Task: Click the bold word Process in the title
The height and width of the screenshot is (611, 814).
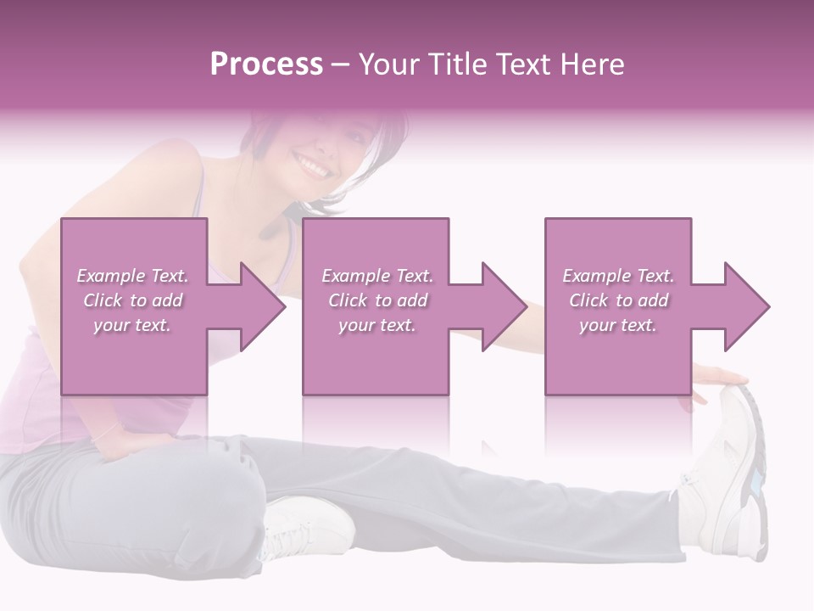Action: tap(266, 64)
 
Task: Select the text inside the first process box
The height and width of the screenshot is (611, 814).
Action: tap(133, 300)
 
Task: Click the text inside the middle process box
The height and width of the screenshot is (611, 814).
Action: tap(377, 300)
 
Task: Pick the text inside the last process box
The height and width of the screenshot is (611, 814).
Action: tap(618, 300)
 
